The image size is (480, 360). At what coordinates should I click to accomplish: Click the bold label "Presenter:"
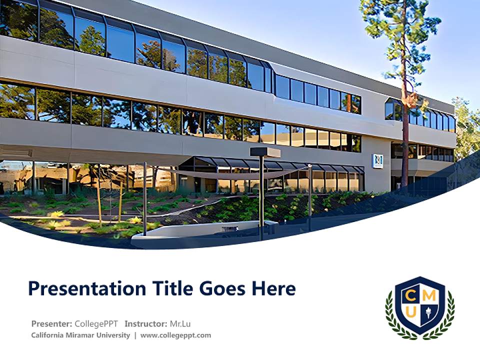pyautogui.click(x=52, y=323)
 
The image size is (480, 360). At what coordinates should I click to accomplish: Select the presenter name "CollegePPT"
pyautogui.click(x=96, y=323)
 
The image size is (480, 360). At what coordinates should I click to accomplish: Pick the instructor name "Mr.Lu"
pyautogui.click(x=180, y=323)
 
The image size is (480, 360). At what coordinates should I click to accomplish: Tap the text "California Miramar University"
pyautogui.click(x=80, y=335)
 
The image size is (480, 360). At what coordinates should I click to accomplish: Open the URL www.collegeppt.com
pyautogui.click(x=175, y=335)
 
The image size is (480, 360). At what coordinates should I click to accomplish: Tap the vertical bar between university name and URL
pyautogui.click(x=135, y=335)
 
